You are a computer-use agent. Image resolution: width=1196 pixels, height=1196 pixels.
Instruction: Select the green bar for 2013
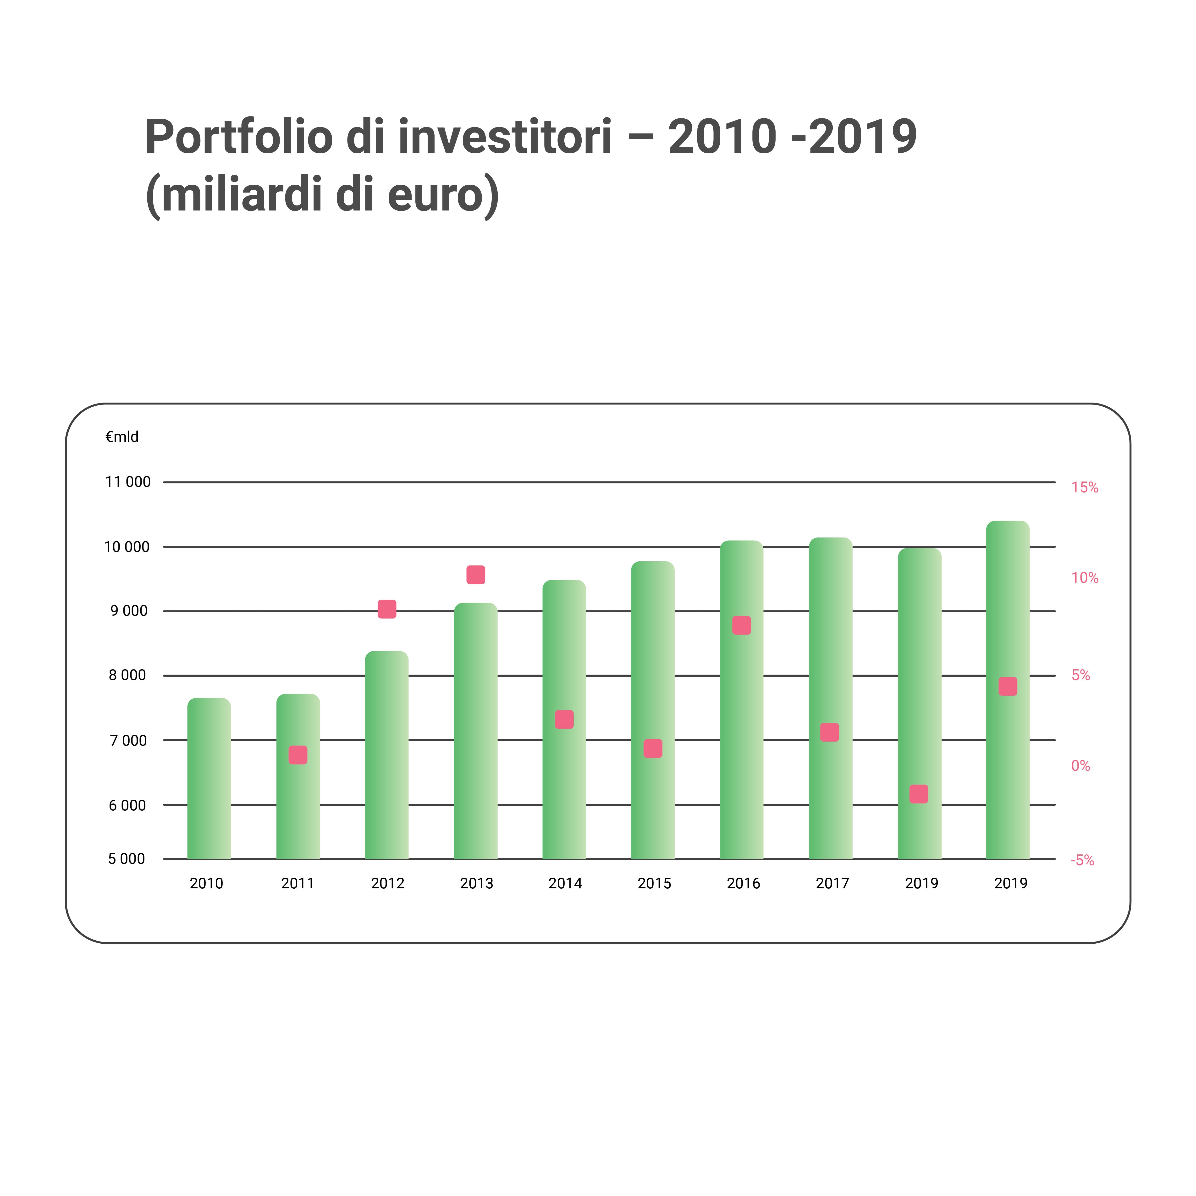point(475,731)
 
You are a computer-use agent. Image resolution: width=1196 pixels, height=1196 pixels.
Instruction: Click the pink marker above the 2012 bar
point(387,609)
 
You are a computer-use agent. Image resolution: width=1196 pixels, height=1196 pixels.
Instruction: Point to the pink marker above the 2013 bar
point(475,575)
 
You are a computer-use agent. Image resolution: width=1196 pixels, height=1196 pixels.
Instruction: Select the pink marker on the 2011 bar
point(298,755)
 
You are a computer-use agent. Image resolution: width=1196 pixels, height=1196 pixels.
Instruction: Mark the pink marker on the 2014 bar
point(564,719)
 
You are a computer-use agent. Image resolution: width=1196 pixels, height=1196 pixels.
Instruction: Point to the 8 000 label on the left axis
point(127,675)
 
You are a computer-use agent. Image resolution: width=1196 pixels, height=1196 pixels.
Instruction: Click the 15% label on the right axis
point(1085,488)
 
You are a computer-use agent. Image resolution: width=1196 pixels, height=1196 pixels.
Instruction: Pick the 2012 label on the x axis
point(387,883)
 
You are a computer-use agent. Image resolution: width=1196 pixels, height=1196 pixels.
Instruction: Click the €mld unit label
point(122,437)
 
